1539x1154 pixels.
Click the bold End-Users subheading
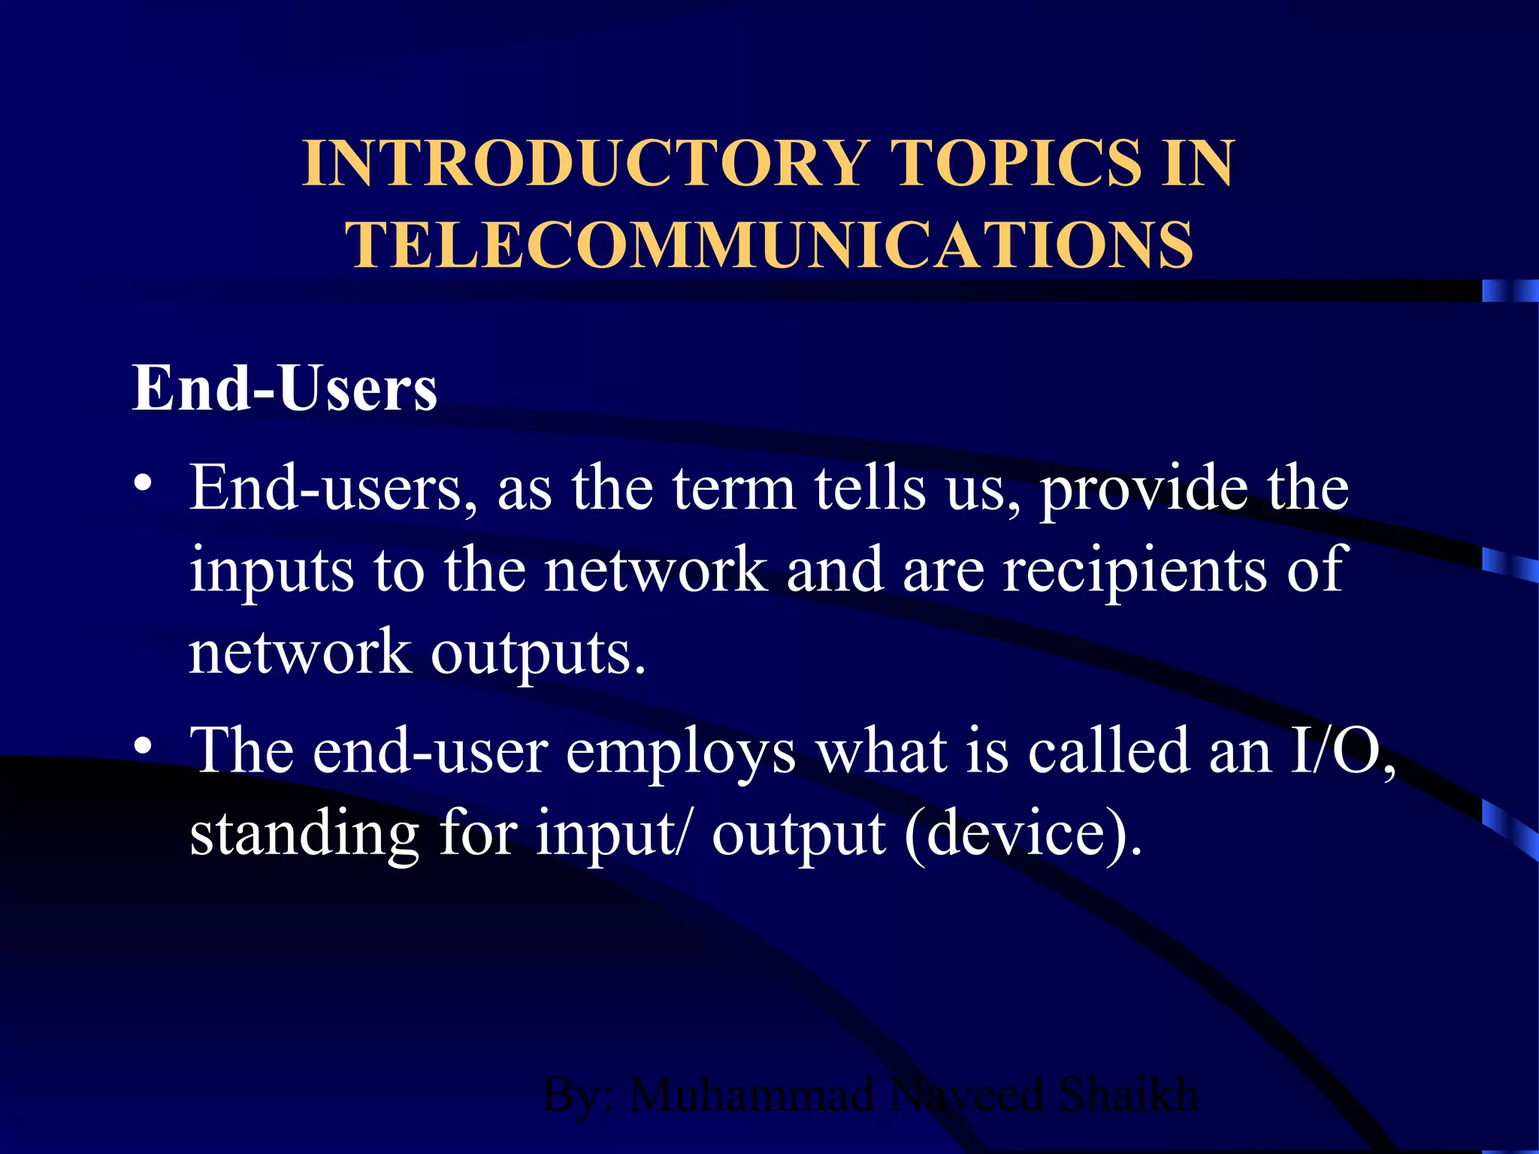pos(285,388)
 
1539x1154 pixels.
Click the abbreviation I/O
pos(1342,751)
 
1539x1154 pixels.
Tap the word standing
pos(304,834)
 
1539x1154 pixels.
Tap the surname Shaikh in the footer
pos(1129,1095)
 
